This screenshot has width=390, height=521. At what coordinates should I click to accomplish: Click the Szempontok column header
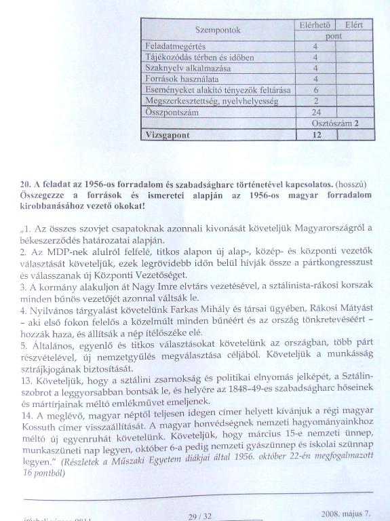218,31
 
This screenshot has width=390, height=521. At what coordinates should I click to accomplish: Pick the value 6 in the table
315,90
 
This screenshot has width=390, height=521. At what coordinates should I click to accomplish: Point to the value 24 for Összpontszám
315,113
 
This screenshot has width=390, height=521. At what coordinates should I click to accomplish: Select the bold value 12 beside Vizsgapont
315,134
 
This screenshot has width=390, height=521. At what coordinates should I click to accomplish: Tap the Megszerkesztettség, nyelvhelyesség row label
203,101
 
